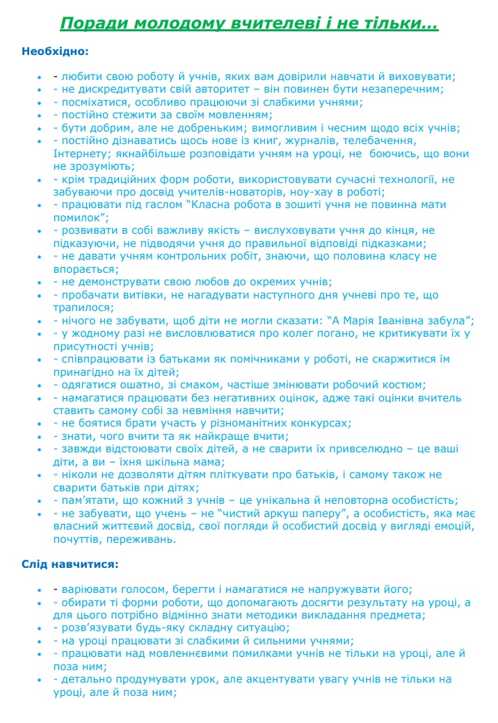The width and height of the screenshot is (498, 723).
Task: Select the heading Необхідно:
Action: [x=55, y=51]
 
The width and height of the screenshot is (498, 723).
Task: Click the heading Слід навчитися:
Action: [x=70, y=563]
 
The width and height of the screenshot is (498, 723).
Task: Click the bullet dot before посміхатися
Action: [x=40, y=102]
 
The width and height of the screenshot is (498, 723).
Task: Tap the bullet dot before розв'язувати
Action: [x=40, y=628]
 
